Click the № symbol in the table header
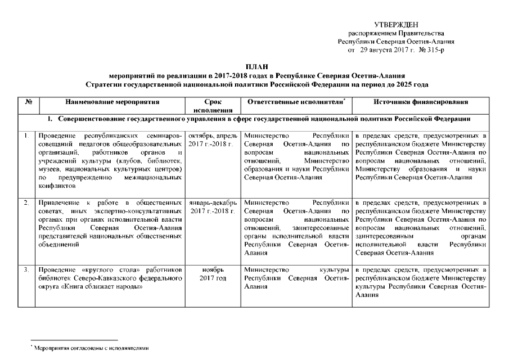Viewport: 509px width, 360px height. (28, 102)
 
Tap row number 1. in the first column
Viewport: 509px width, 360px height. (27, 136)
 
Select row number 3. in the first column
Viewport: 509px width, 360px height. (27, 270)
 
